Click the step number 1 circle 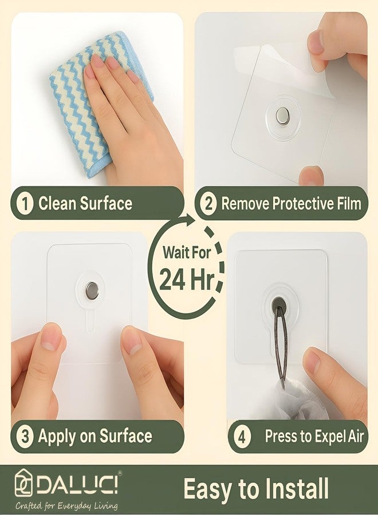24,204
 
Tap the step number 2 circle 209,204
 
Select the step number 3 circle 24,437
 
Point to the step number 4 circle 242,437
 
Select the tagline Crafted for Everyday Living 66,506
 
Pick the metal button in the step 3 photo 92,291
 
